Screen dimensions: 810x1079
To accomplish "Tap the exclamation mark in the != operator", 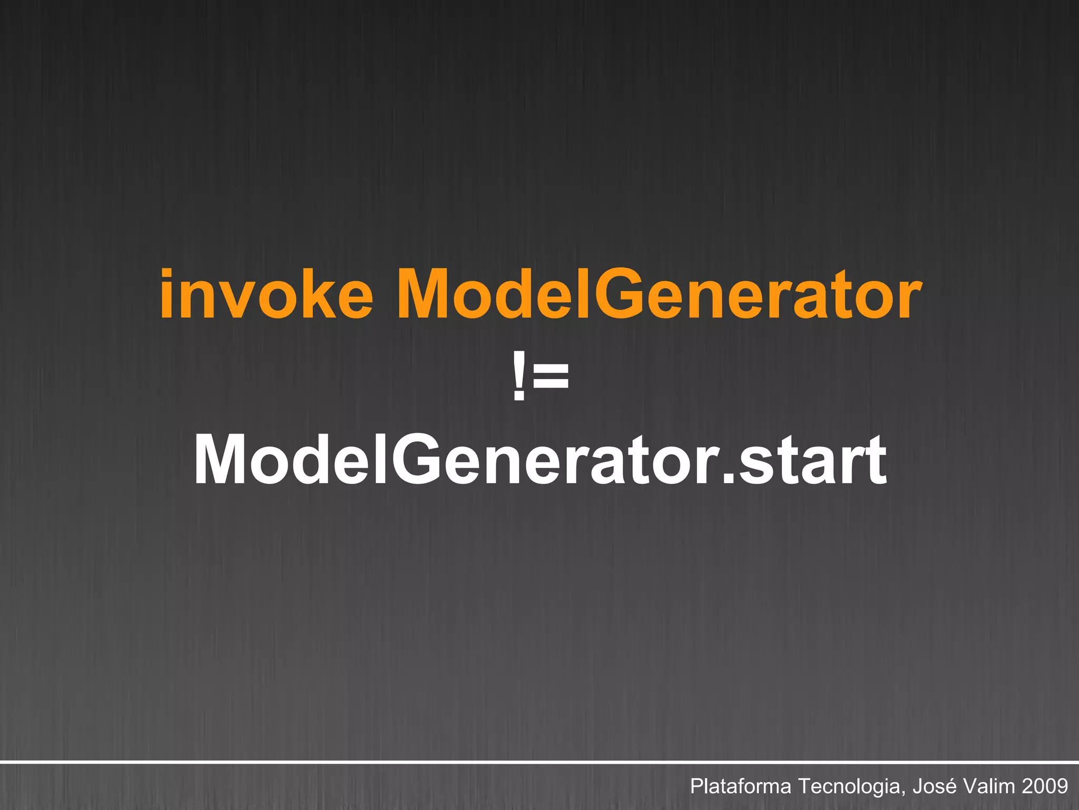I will click(518, 377).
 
